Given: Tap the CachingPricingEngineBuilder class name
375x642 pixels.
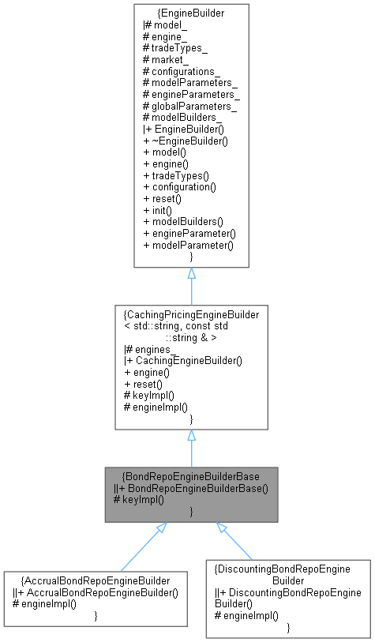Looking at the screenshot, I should click(190, 314).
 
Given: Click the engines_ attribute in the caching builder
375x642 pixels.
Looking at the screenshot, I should click(153, 348).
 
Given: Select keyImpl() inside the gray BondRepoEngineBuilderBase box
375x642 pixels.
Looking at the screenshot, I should click(140, 500).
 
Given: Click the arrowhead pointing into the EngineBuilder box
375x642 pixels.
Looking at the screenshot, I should click(191, 274).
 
